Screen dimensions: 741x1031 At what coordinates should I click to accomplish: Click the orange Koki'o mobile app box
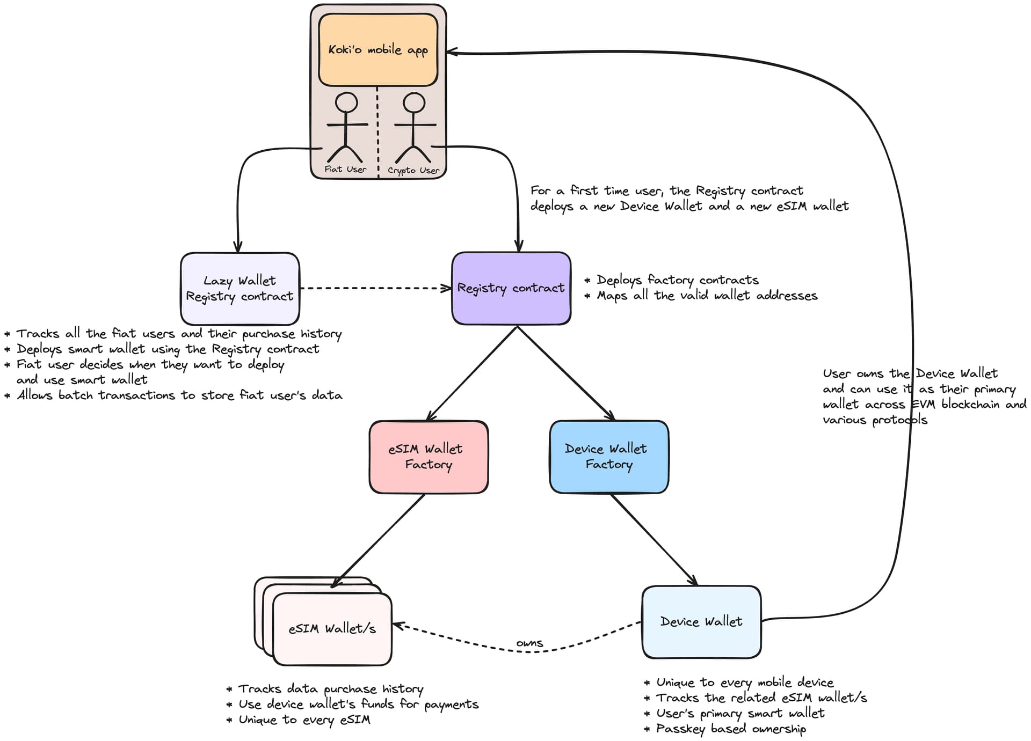[378, 50]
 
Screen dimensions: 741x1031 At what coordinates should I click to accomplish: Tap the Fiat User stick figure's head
[346, 102]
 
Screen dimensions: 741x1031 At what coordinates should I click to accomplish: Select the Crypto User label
[413, 171]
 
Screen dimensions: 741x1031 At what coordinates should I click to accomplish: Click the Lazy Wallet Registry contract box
[240, 289]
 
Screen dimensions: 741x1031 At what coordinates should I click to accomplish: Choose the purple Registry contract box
[511, 289]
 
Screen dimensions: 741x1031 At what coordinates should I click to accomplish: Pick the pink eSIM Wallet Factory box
[429, 457]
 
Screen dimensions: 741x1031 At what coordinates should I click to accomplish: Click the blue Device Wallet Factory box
[609, 457]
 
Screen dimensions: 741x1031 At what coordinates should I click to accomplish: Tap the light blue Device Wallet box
[701, 622]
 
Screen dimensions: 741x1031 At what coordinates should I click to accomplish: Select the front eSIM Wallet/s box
[332, 629]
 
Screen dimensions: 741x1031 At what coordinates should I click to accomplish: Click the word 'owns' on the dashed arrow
[529, 643]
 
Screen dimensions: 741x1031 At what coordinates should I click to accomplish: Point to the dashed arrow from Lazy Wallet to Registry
[376, 288]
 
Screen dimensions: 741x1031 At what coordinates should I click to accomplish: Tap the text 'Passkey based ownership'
[730, 729]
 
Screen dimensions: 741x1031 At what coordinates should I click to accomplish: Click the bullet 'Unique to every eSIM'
[304, 720]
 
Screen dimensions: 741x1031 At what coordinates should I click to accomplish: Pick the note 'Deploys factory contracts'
[677, 280]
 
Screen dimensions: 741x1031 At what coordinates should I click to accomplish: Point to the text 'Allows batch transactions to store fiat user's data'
[179, 395]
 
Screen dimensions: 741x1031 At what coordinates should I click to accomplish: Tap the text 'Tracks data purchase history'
[330, 689]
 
